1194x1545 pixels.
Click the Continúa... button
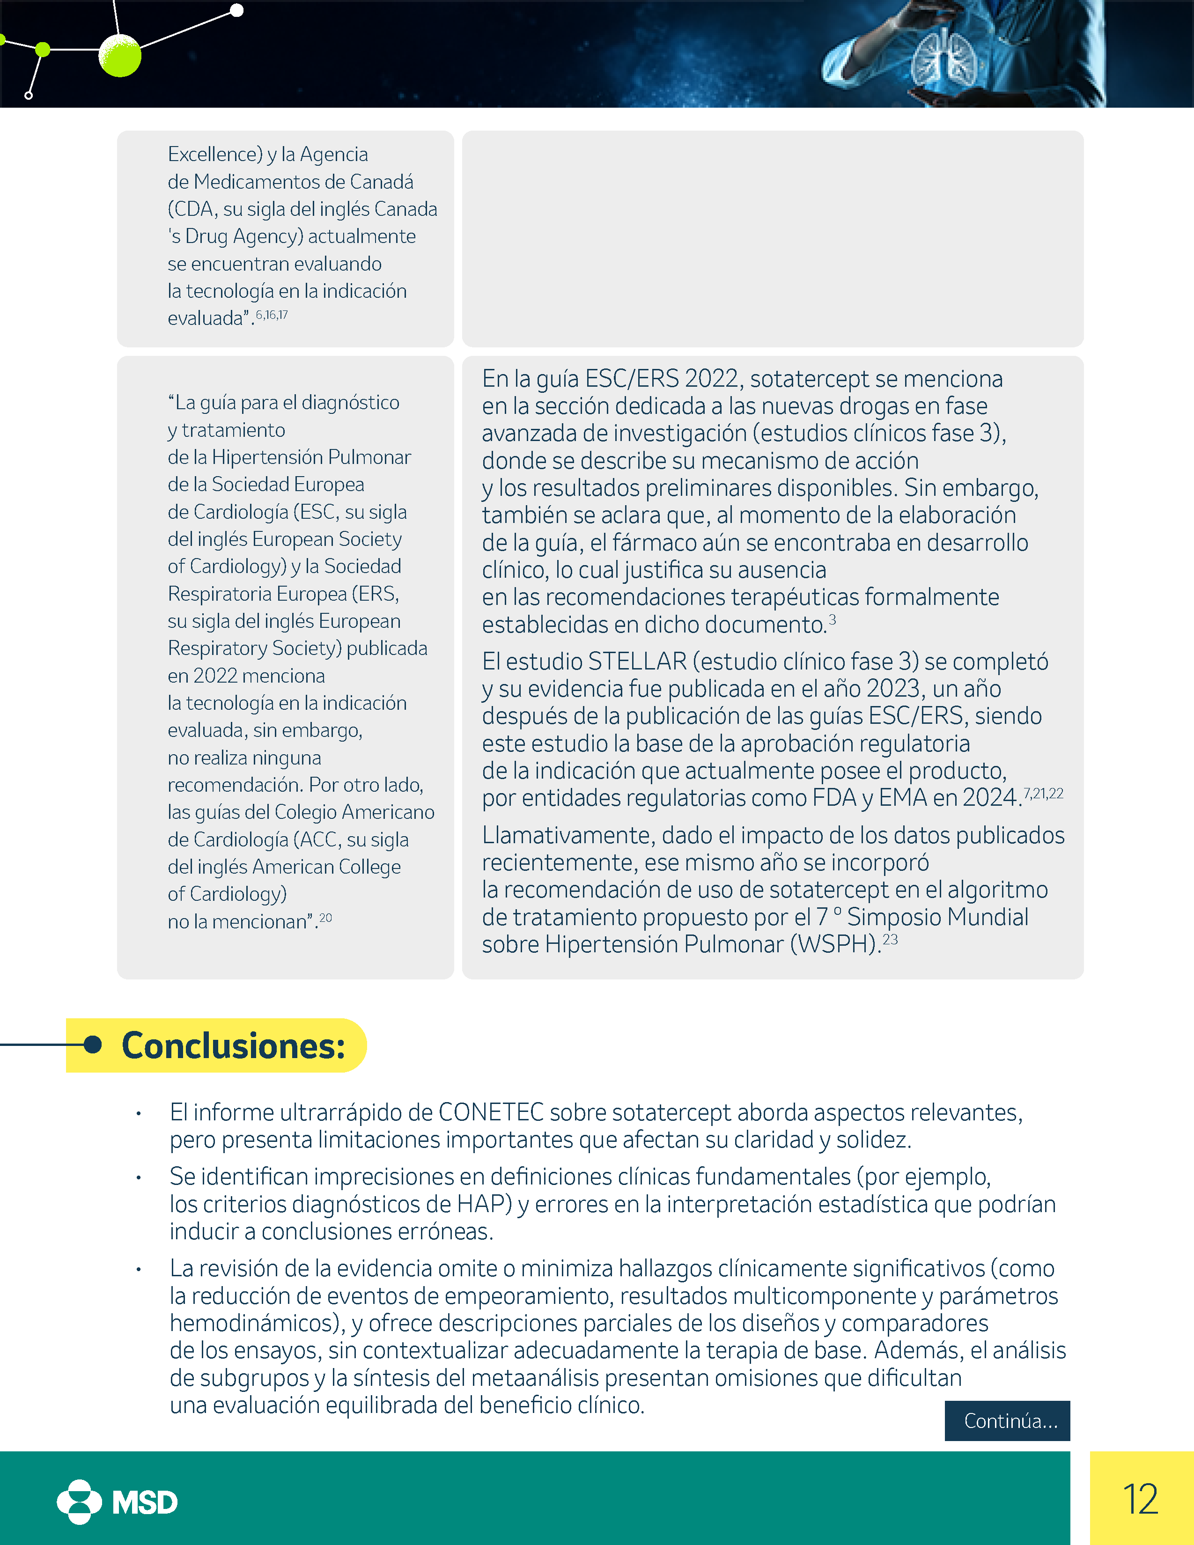click(1007, 1420)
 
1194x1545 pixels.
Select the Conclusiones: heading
click(234, 1045)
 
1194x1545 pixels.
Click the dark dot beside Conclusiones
click(93, 1044)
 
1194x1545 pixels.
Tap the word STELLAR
click(637, 662)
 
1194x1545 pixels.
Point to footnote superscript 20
click(325, 918)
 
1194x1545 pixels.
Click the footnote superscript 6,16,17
click(272, 315)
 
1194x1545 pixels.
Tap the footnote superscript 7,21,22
click(1043, 794)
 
